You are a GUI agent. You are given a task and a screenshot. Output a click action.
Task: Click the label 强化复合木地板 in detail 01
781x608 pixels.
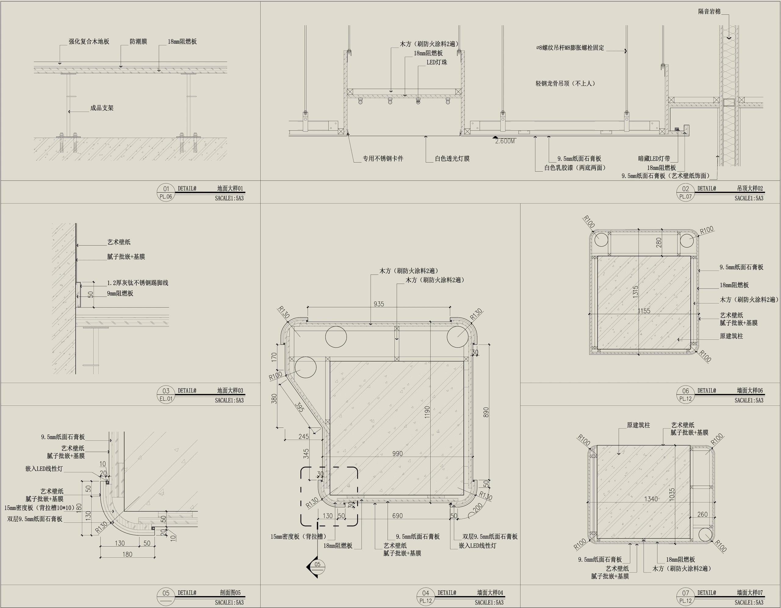[89, 42]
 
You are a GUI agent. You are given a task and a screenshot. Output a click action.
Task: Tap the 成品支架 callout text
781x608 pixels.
[102, 108]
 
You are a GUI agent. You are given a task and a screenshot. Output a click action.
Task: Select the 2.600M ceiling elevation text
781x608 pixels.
[505, 141]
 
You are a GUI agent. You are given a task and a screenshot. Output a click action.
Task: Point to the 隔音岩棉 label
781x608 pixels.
[709, 12]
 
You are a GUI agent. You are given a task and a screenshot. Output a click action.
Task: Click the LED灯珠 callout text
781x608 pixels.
[437, 62]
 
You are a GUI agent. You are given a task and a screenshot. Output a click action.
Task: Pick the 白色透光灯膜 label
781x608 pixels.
[452, 158]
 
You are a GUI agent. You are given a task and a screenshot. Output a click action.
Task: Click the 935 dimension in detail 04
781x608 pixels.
[379, 304]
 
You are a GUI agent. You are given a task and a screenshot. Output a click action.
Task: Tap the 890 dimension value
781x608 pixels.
[486, 412]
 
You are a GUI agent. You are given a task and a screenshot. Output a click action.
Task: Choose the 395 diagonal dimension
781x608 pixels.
[299, 407]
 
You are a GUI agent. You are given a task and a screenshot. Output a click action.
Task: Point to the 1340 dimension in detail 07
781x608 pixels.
[651, 499]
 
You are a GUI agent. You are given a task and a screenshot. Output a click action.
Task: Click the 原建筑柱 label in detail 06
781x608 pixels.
[731, 336]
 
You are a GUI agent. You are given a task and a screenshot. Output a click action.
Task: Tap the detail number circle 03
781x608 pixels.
[166, 391]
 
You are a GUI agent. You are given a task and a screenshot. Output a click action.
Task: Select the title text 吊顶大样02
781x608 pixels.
[750, 188]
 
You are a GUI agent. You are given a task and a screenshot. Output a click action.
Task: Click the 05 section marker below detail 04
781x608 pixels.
[317, 564]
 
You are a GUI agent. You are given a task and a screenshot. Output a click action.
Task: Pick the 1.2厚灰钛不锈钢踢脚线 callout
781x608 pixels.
[138, 283]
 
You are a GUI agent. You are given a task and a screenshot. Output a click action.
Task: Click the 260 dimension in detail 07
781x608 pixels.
[702, 514]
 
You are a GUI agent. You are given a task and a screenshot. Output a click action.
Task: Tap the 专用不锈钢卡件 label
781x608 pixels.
[383, 158]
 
